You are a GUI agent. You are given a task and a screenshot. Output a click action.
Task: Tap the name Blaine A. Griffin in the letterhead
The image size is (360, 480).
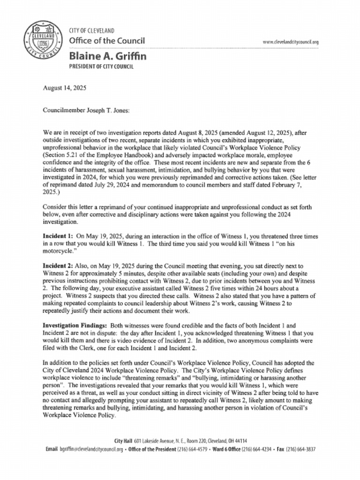[x=107, y=56]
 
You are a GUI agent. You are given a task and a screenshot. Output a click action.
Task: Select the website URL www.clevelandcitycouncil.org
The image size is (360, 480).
[x=291, y=42]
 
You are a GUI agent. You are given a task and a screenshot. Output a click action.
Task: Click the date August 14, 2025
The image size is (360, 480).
[x=64, y=88]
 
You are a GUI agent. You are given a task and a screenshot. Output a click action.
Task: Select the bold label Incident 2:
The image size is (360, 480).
[x=58, y=266]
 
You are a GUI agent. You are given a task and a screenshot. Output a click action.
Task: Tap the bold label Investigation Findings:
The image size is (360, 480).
[x=75, y=325]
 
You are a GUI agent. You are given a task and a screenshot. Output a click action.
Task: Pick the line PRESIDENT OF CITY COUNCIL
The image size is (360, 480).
[x=101, y=67]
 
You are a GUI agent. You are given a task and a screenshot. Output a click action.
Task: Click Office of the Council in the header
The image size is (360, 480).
[x=107, y=41]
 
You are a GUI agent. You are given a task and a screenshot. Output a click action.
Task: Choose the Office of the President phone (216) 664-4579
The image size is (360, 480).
[x=192, y=449]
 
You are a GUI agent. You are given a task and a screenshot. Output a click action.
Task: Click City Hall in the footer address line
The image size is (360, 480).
[x=124, y=441]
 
